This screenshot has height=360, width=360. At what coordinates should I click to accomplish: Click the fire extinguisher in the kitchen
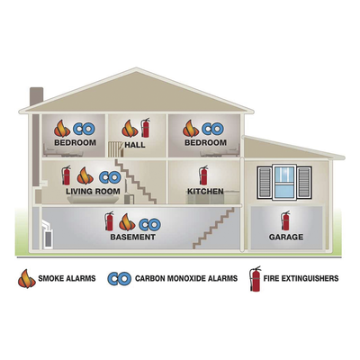click(x=203, y=175)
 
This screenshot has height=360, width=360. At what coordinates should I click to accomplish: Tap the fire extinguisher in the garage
click(x=285, y=220)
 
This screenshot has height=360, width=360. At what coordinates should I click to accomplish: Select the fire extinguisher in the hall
click(x=146, y=128)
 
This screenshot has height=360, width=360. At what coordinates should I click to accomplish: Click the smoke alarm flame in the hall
click(x=130, y=129)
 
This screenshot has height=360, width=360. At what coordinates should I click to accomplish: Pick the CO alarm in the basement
click(x=149, y=224)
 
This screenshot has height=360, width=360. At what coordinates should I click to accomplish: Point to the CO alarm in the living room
click(x=110, y=177)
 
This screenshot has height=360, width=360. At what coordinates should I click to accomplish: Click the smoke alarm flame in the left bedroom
click(x=62, y=129)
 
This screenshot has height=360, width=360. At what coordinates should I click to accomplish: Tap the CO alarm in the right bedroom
click(x=212, y=129)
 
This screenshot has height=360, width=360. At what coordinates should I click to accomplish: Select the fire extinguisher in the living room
click(x=66, y=175)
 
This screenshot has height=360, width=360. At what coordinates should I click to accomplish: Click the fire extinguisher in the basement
click(x=109, y=220)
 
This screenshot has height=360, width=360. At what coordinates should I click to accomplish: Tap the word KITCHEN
click(x=205, y=191)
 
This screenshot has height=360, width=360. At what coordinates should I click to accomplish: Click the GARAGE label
click(x=286, y=237)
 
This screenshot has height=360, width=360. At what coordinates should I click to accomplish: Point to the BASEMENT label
click(x=133, y=237)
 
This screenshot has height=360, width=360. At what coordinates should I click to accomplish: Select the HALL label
click(x=135, y=145)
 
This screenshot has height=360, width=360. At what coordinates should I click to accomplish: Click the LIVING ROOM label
click(x=93, y=191)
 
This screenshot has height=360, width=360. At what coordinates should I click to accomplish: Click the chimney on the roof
click(x=36, y=96)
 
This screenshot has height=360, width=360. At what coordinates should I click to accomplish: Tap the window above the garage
click(x=284, y=182)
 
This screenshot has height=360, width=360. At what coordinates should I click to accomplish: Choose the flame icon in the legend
click(x=27, y=278)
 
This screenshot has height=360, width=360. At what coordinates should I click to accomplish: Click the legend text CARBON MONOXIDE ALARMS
click(x=186, y=278)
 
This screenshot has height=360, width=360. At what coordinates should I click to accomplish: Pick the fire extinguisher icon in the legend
click(x=256, y=278)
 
